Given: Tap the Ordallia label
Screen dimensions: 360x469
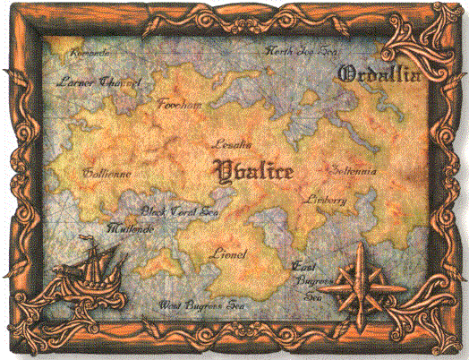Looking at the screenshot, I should point(380,75).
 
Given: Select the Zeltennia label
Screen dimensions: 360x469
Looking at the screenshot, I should point(354,170).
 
